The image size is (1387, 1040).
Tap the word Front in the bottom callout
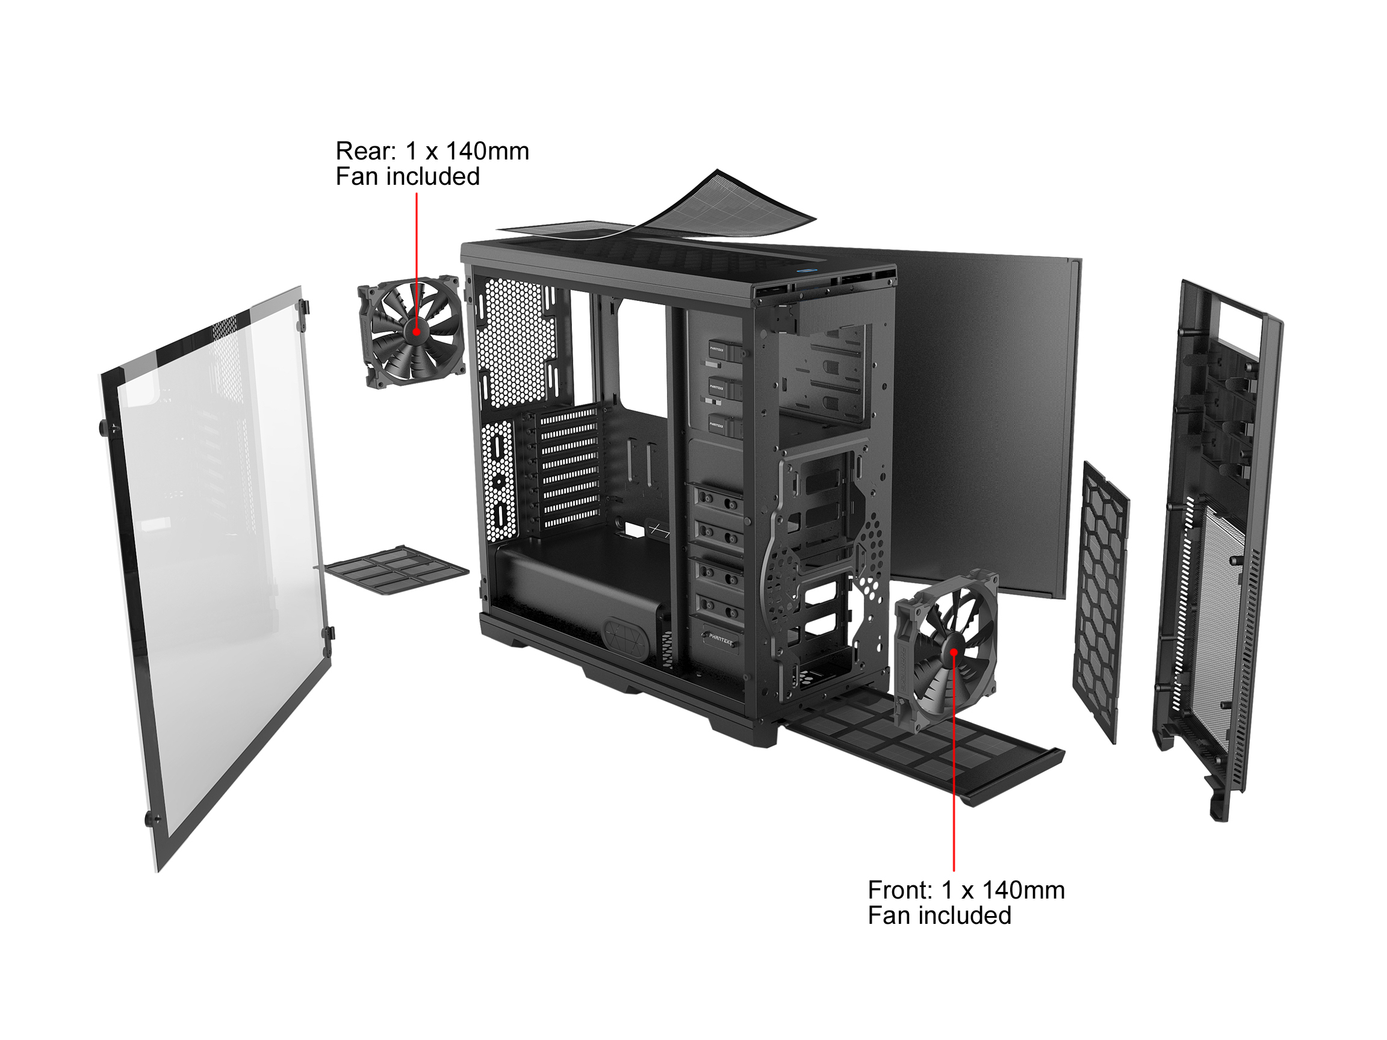coord(901,890)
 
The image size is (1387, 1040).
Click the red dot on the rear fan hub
coord(417,332)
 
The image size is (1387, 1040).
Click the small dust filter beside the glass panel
coord(396,569)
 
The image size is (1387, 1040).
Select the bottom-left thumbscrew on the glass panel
coord(152,819)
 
